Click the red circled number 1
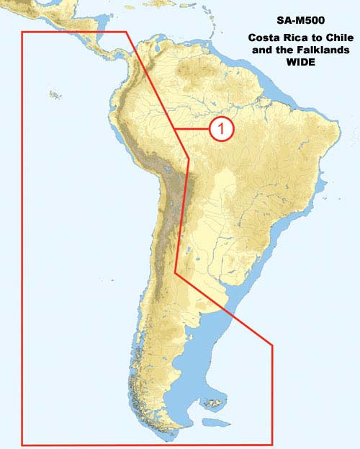point(221,129)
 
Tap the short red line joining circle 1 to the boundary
point(193,129)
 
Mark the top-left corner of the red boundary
point(22,32)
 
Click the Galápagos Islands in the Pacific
point(53,93)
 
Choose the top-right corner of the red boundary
point(127,32)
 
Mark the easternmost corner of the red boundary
point(272,346)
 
